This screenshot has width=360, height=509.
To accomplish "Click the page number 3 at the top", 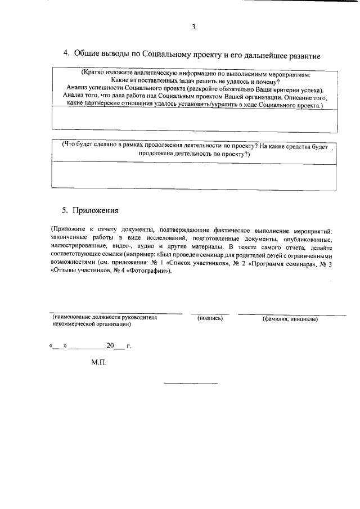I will pyautogui.click(x=193, y=26).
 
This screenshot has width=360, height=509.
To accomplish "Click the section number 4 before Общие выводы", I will pyautogui.click(x=65, y=53).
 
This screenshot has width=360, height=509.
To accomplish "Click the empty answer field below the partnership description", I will pyautogui.click(x=193, y=121).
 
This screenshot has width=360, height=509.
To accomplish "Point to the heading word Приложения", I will pyautogui.click(x=97, y=210).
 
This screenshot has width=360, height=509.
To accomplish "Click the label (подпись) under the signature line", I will pyautogui.click(x=210, y=318).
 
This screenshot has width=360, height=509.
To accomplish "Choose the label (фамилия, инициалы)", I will pyautogui.click(x=290, y=319).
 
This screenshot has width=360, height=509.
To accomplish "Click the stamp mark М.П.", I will pyautogui.click(x=98, y=362).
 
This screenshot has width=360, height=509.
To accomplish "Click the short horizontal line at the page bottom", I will pyautogui.click(x=190, y=384).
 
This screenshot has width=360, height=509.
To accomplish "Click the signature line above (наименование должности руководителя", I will pyautogui.click(x=116, y=313).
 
